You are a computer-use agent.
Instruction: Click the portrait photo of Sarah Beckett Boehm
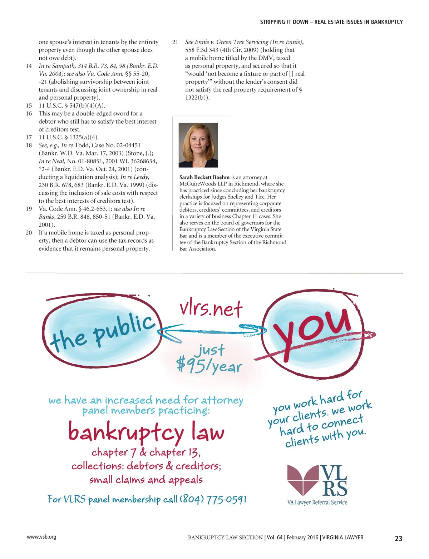coord(198,145)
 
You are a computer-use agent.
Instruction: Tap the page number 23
coord(398,538)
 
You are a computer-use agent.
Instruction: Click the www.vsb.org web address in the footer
coord(41,537)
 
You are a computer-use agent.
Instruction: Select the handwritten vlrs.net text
coord(211,309)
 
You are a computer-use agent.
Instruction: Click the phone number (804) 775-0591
coord(213,499)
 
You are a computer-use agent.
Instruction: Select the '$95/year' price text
coord(209,365)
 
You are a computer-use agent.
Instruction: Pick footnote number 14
coord(29,66)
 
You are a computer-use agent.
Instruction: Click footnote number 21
coord(175,42)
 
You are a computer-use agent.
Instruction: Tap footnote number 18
coord(29,145)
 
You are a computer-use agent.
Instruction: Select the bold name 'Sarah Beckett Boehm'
coord(204,177)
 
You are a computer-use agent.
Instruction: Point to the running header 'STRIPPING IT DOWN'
coord(284,22)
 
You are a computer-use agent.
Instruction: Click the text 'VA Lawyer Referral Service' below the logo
coord(317,502)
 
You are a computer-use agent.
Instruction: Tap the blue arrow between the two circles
coord(211,331)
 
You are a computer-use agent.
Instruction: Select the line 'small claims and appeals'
coord(146,480)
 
